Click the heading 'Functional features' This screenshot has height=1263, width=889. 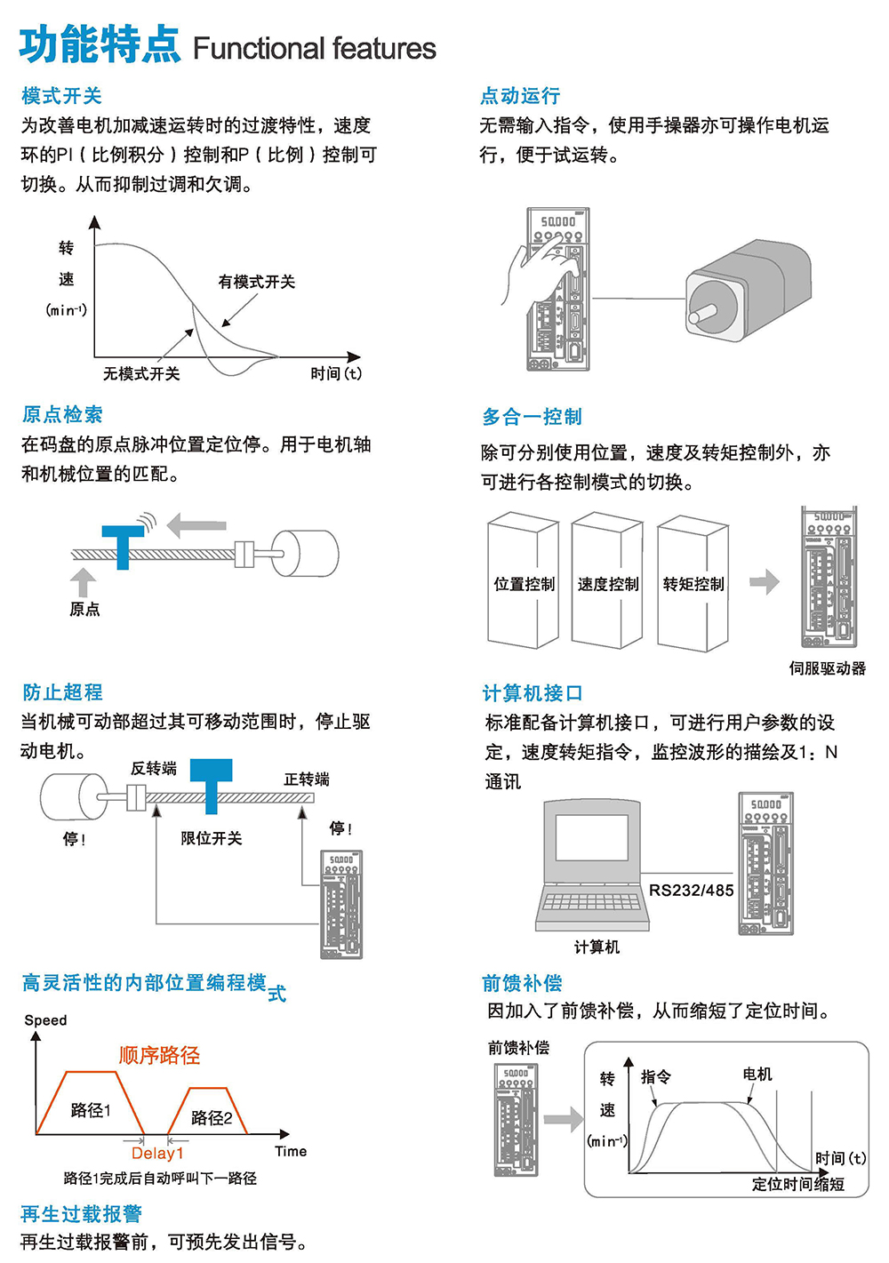[314, 48]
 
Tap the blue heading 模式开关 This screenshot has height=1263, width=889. [61, 95]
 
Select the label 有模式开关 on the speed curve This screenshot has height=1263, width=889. [256, 282]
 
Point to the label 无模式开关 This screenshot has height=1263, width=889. [141, 373]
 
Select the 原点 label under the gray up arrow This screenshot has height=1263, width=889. [84, 609]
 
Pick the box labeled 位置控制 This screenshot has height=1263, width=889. [524, 583]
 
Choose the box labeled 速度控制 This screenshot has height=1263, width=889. [607, 583]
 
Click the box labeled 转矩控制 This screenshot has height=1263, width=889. [693, 583]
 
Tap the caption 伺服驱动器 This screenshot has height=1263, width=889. [827, 668]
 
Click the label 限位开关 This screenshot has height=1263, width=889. [211, 838]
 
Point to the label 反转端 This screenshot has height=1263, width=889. [153, 768]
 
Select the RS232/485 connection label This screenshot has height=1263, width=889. [691, 890]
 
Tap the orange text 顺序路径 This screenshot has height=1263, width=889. [159, 1055]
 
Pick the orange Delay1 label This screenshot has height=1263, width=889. [157, 1153]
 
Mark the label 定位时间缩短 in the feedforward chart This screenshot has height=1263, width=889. [797, 1184]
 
